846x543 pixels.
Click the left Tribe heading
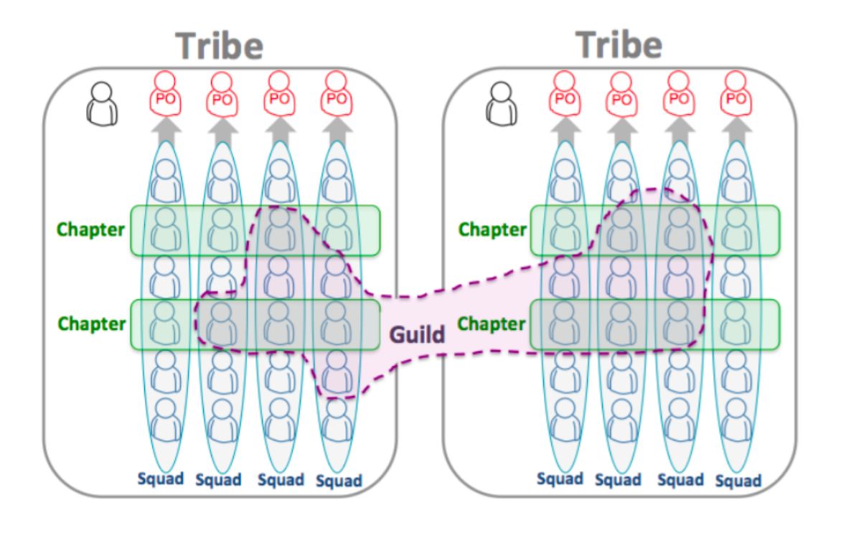tap(220, 46)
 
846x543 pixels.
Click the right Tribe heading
tap(619, 44)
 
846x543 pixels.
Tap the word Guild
tap(417, 334)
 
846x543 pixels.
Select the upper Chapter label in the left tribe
tap(91, 230)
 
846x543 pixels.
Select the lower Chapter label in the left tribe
tap(91, 324)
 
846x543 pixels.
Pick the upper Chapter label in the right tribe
tap(492, 230)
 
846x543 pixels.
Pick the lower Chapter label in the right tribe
tap(492, 324)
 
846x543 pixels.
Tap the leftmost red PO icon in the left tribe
tap(164, 93)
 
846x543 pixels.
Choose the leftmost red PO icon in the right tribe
tap(565, 93)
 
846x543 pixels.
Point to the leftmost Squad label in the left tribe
tap(160, 478)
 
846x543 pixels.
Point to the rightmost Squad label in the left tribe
tap(339, 481)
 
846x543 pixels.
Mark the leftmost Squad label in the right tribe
tap(560, 478)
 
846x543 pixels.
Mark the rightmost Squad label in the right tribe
tap(738, 481)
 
